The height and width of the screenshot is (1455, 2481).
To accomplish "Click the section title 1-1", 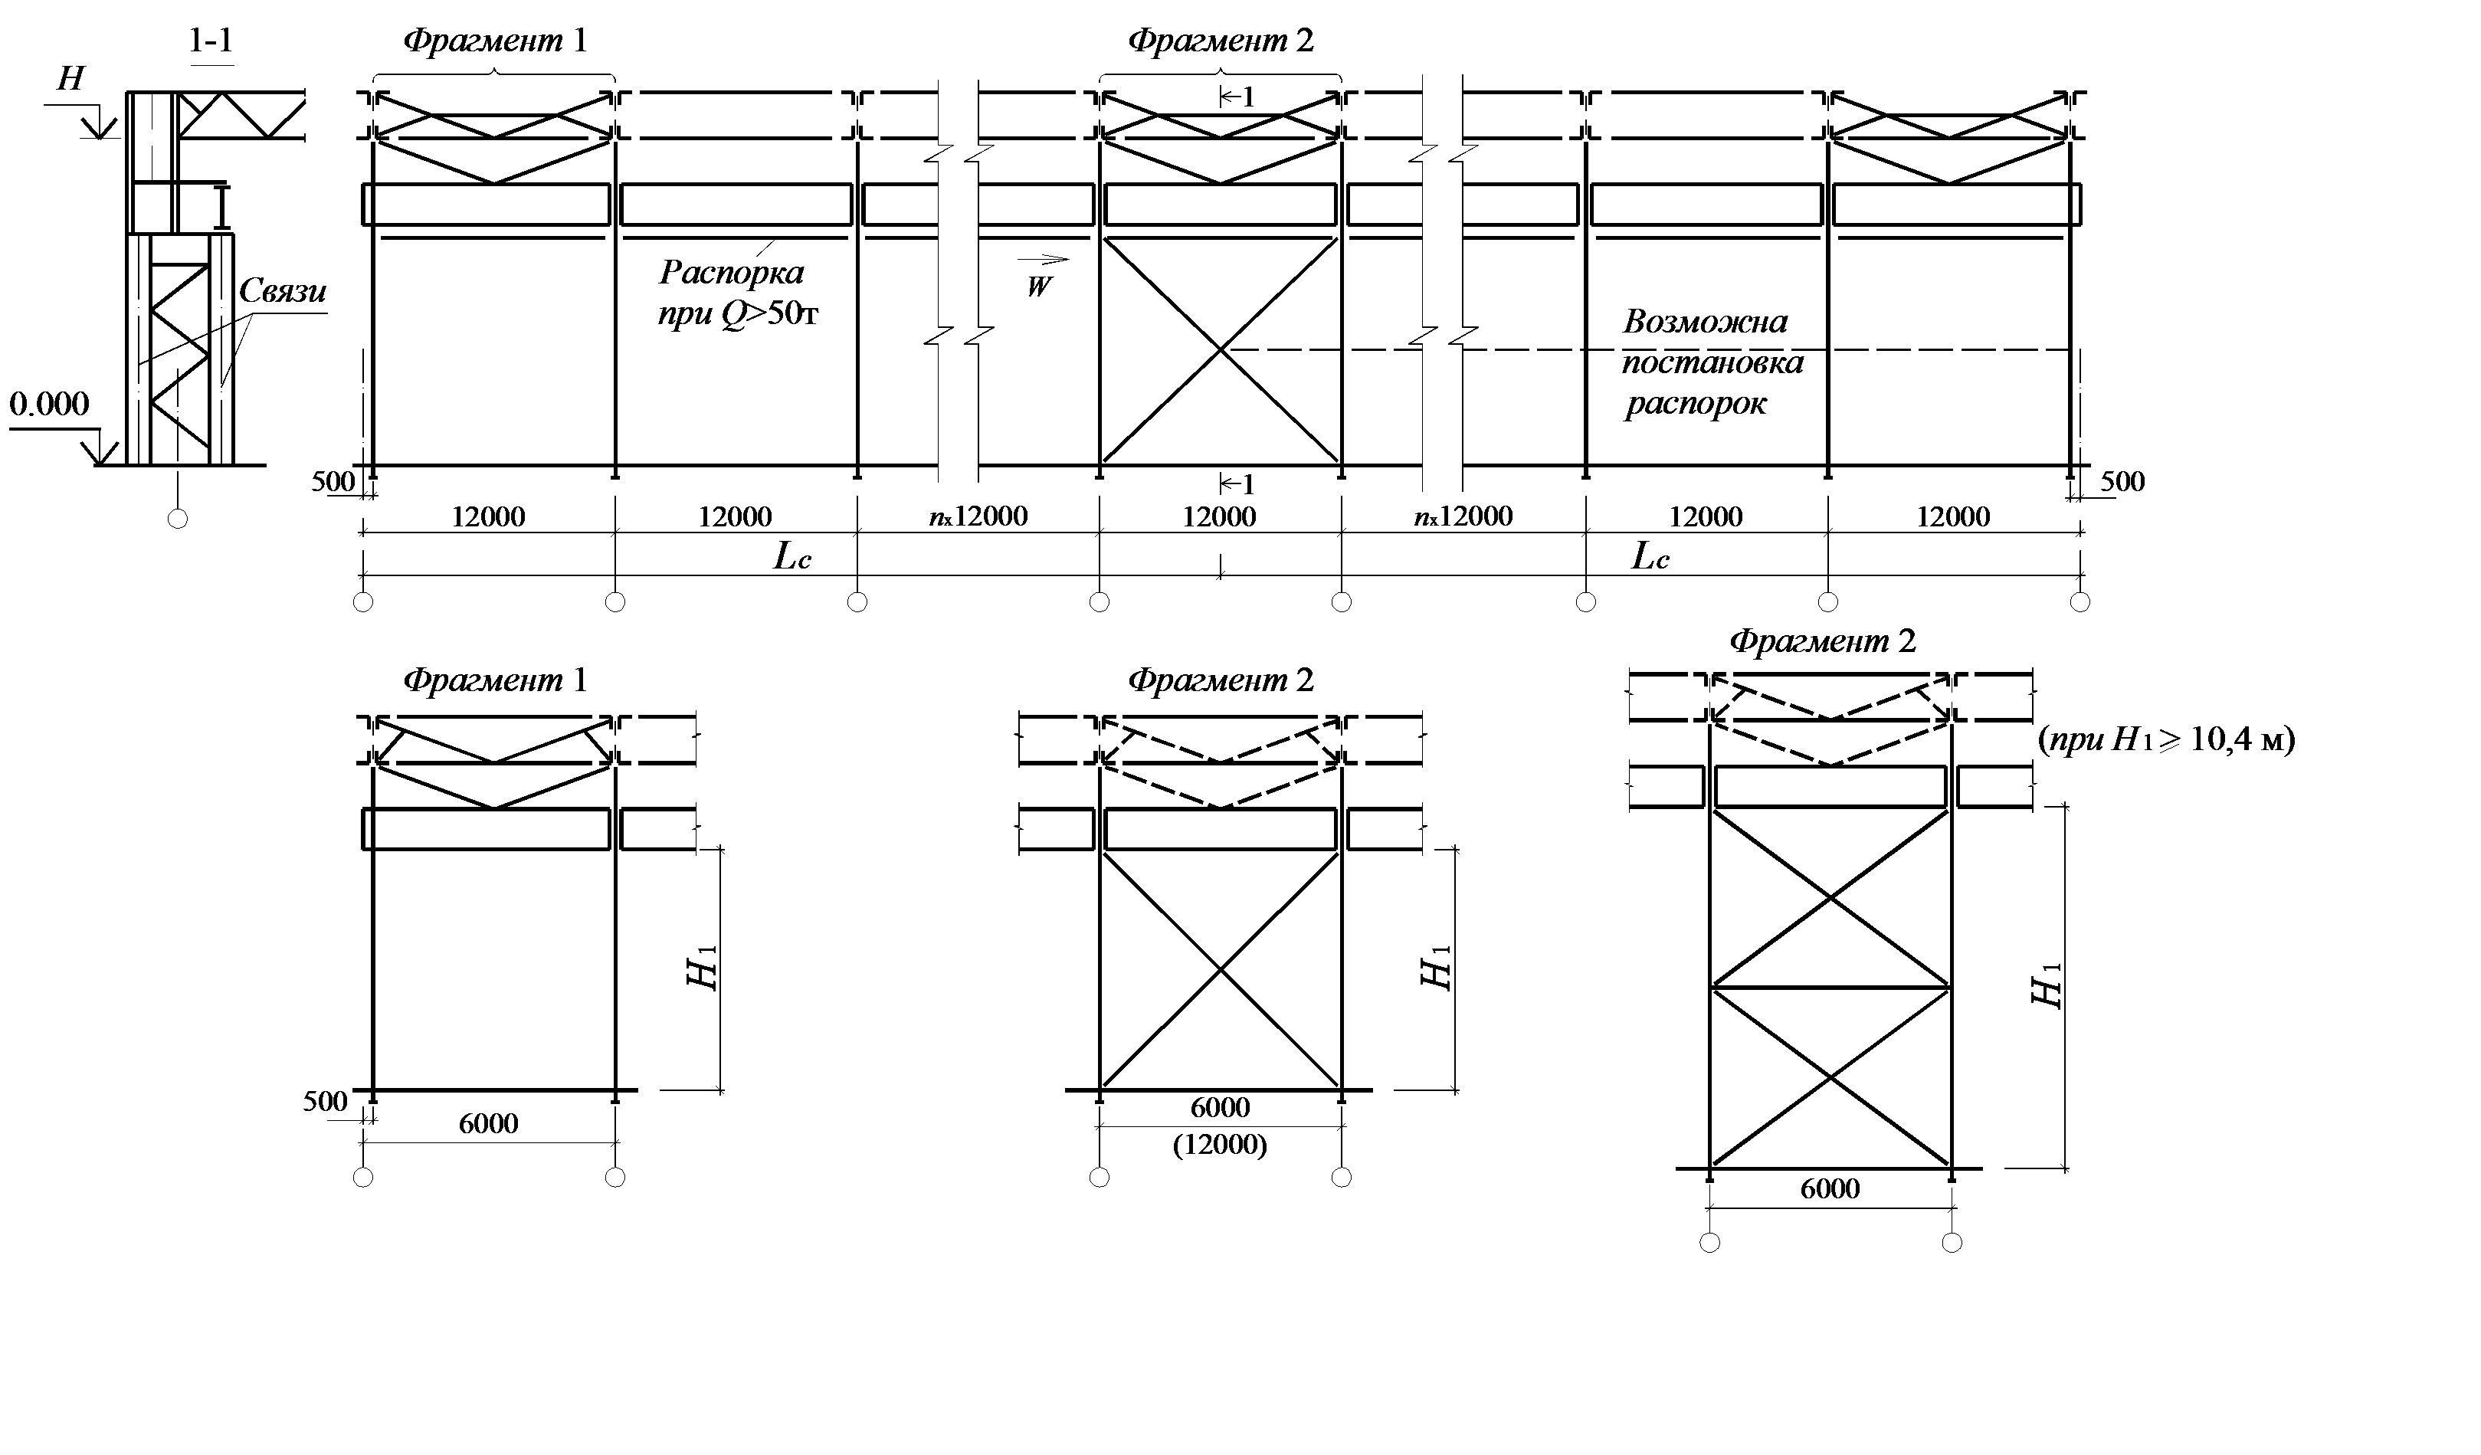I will click(x=211, y=41).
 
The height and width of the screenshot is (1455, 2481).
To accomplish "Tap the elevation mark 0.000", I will click(x=49, y=404).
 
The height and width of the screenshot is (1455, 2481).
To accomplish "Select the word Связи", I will click(x=283, y=290).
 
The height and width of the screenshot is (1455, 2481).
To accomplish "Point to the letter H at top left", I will click(x=70, y=79).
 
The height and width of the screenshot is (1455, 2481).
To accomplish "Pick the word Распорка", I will click(x=732, y=272).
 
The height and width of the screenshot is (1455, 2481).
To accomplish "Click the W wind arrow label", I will click(x=1039, y=287).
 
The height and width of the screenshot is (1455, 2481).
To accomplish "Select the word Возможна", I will click(x=1705, y=322).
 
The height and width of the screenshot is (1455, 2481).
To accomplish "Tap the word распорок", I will click(x=1696, y=404).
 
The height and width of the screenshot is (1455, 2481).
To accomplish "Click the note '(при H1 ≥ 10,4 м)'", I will click(x=2166, y=739).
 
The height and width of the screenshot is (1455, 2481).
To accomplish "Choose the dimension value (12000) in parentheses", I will click(x=1220, y=1145).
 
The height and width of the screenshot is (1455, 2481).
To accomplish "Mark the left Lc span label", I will click(x=792, y=557).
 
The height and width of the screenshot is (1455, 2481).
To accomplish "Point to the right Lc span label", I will click(x=1650, y=557).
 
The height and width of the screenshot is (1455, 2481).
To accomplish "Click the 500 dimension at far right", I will click(x=2122, y=481).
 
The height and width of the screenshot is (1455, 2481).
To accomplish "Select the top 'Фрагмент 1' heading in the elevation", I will click(x=494, y=41).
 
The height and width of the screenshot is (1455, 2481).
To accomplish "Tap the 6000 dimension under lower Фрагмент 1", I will click(x=488, y=1123).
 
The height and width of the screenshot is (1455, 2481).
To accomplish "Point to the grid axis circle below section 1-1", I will click(x=177, y=518).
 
